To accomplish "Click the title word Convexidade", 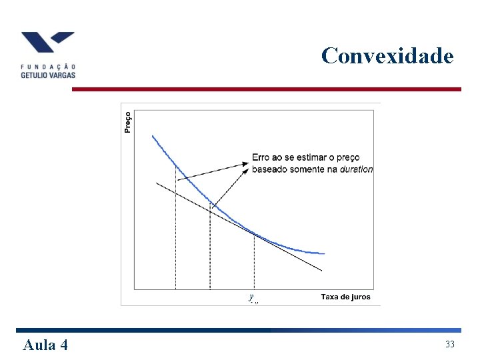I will (x=387, y=55).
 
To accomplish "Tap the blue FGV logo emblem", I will (x=47, y=43).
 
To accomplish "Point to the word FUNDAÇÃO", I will (x=48, y=66).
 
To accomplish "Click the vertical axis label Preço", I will (x=128, y=121).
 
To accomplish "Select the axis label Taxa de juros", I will (x=345, y=297).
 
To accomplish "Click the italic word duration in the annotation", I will (x=356, y=169).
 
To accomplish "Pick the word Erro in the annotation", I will (x=260, y=158).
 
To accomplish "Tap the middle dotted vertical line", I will (x=210, y=247).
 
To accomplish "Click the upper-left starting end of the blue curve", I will (x=153, y=137).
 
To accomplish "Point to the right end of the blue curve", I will (x=324, y=253).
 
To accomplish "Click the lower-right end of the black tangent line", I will (x=321, y=270).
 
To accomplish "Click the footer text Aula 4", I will (x=45, y=345).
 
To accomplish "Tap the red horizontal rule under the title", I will (x=267, y=89).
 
